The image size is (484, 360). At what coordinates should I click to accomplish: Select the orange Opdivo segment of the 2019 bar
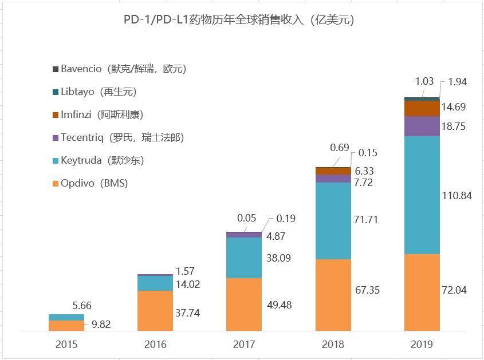pyautogui.click(x=422, y=292)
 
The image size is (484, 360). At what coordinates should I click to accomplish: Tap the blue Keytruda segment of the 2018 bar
pyautogui.click(x=333, y=220)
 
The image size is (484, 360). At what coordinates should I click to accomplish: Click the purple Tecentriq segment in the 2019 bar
pyautogui.click(x=422, y=126)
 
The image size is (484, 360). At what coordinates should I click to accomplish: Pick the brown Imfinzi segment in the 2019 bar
pyautogui.click(x=422, y=108)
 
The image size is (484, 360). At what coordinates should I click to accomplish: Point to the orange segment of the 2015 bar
pyautogui.click(x=66, y=325)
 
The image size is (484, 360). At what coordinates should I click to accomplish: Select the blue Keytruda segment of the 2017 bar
pyautogui.click(x=244, y=258)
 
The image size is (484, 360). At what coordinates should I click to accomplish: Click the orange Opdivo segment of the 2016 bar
pyautogui.click(x=155, y=310)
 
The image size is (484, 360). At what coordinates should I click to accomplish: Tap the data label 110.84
pyautogui.click(x=457, y=196)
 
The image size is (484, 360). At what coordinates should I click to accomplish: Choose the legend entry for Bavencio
pyautogui.click(x=123, y=69)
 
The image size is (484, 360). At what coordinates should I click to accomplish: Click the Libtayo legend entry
pyautogui.click(x=98, y=92)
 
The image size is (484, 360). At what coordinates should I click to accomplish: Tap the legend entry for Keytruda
pyautogui.click(x=102, y=160)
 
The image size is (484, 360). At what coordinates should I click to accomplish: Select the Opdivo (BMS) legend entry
pyautogui.click(x=94, y=183)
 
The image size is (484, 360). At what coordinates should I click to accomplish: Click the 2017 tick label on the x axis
pyautogui.click(x=244, y=345)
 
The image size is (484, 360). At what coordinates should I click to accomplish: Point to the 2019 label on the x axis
pyautogui.click(x=422, y=345)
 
